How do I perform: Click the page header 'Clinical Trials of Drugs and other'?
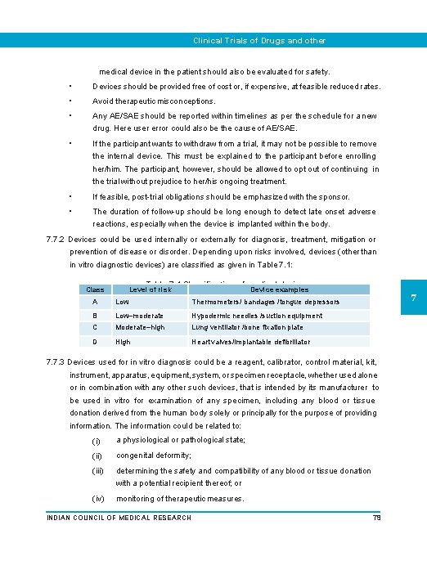(x=258, y=40)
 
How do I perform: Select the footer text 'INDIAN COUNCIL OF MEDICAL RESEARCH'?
(x=119, y=518)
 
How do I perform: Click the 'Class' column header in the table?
(x=96, y=289)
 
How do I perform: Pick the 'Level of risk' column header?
(x=151, y=289)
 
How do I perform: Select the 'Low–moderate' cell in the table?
(x=140, y=316)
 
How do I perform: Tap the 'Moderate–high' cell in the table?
(x=141, y=327)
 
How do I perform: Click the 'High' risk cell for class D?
(x=124, y=342)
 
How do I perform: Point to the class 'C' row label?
(x=96, y=327)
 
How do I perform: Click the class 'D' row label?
(x=96, y=342)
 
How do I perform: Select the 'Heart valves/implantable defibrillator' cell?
(x=251, y=342)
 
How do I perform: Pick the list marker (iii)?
(x=98, y=471)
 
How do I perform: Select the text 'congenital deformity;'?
(x=154, y=455)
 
